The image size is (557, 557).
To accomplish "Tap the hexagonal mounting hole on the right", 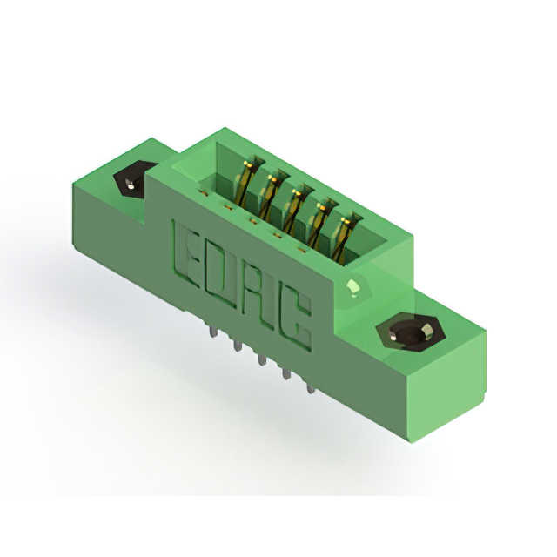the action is pos(411,332).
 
